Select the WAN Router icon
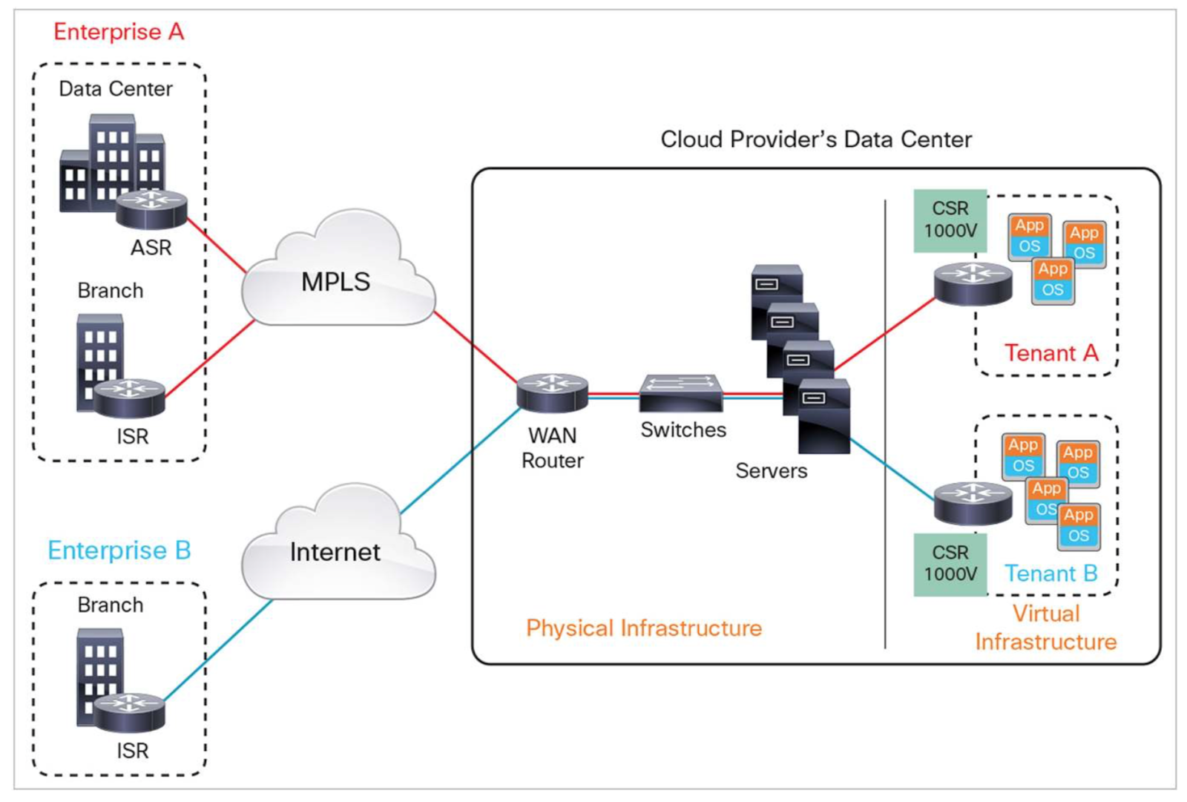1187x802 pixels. [552, 392]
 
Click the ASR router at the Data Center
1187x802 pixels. [151, 208]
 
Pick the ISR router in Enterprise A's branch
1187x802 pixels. [129, 397]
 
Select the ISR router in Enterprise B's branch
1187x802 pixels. [129, 712]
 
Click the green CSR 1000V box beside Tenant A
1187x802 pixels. [950, 220]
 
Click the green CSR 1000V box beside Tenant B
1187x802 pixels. [950, 564]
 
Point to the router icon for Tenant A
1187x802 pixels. [973, 283]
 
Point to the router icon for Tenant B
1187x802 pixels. [973, 502]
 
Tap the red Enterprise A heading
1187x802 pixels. [119, 32]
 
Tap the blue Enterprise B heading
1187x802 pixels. [119, 550]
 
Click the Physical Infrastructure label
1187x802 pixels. [643, 628]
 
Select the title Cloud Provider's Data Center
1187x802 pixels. [816, 139]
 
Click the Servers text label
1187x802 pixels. [771, 470]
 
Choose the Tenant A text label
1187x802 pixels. [1050, 353]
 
